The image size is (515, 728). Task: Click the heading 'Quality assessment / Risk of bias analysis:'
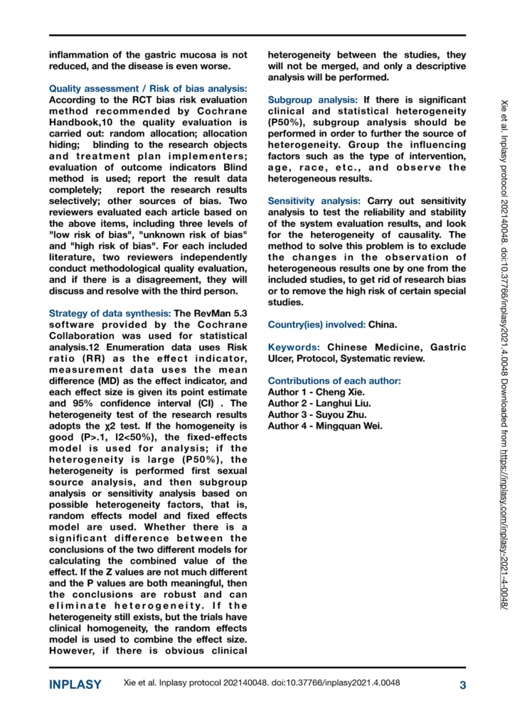pos(148,89)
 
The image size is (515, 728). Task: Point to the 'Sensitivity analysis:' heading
pos(316,202)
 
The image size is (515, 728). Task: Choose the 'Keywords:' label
pos(293,347)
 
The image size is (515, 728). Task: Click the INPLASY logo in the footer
pos(75,685)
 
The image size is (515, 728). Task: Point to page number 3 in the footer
pos(462,685)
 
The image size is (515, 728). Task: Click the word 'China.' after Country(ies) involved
pos(383,325)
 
